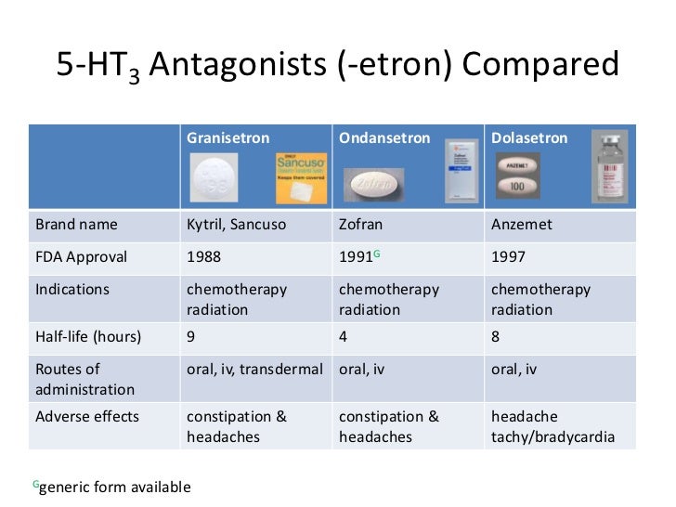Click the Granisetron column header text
[x=227, y=138]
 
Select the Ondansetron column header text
[x=383, y=138]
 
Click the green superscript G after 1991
[x=377, y=253]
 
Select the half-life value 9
[x=191, y=337]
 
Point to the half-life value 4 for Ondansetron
[x=344, y=337]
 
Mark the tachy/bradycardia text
[x=552, y=436]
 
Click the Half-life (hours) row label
[x=88, y=337]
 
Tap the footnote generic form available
[x=115, y=487]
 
